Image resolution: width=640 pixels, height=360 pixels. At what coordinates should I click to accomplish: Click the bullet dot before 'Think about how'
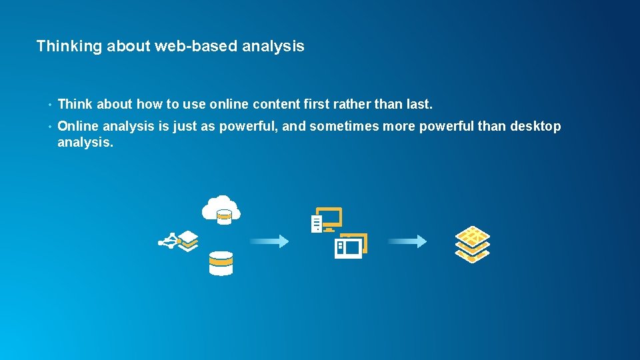[x=49, y=105]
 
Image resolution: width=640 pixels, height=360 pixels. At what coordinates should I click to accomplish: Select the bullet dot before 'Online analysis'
[x=49, y=127]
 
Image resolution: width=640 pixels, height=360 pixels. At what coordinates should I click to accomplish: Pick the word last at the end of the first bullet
[x=419, y=105]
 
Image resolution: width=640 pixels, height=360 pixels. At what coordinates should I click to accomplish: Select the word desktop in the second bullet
[x=535, y=126]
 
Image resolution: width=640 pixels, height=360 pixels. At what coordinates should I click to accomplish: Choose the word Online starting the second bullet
[x=78, y=126]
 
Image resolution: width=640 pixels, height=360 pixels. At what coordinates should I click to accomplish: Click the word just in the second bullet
[x=185, y=126]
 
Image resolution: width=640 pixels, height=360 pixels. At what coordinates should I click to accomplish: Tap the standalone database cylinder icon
[x=221, y=263]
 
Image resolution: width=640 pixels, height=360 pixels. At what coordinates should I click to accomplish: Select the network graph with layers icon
[x=179, y=241]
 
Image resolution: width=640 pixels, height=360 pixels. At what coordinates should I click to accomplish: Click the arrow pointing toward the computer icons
[x=269, y=241]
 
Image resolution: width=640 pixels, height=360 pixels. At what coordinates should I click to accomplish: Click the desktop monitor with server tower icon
[x=327, y=221]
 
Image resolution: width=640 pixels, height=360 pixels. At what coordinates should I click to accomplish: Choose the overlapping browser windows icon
[x=351, y=246]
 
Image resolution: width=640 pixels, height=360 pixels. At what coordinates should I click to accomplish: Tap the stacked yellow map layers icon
[x=473, y=244]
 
